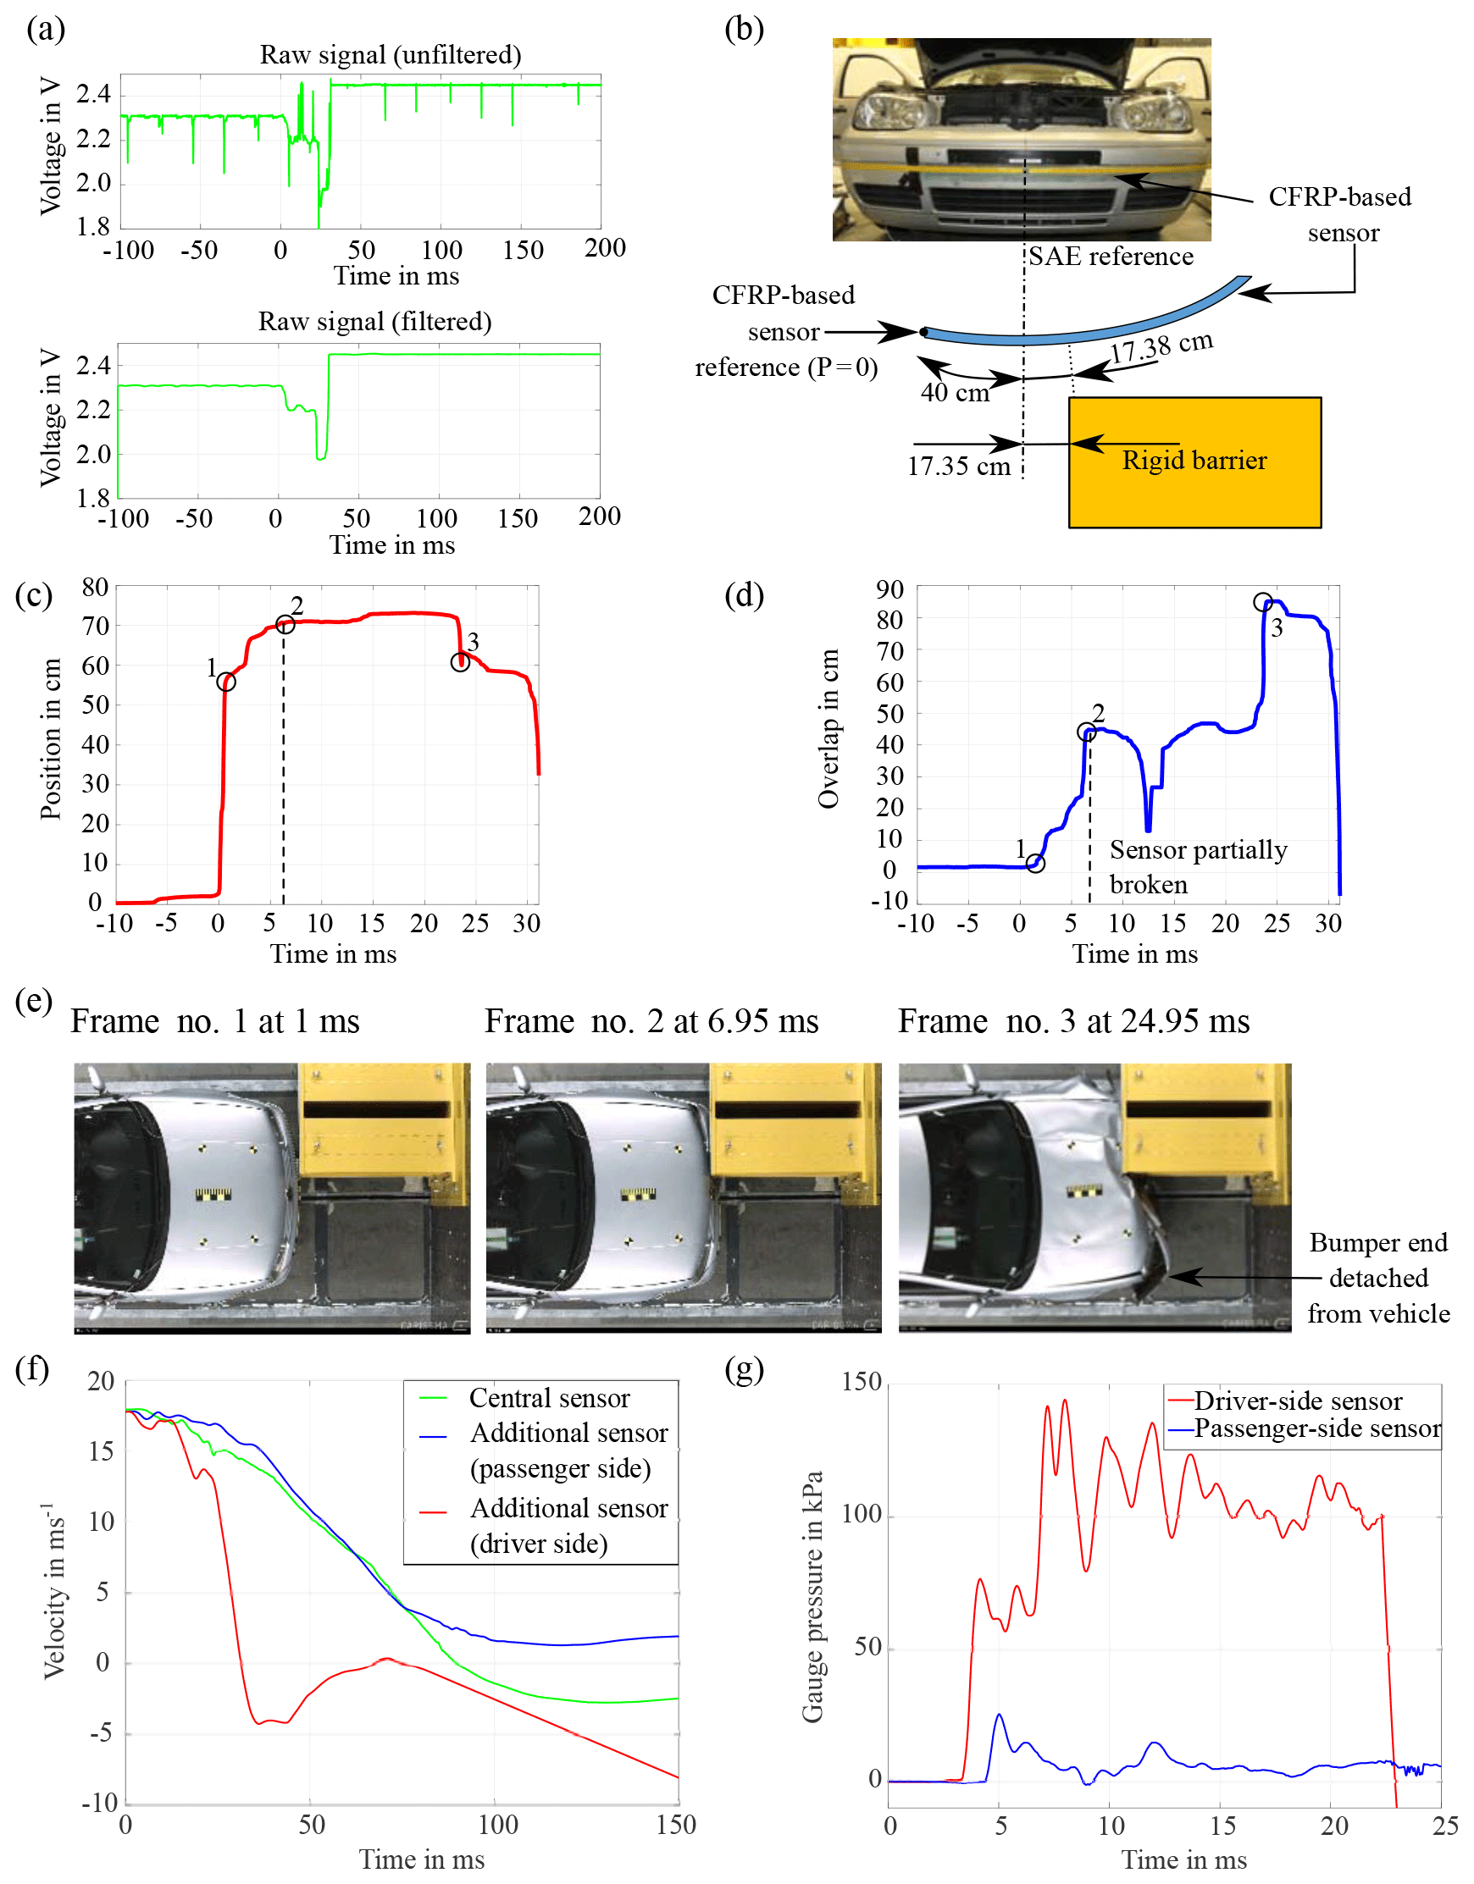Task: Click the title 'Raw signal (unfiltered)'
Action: click(391, 55)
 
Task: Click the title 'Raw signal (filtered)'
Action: click(374, 322)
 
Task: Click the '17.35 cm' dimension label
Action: click(958, 467)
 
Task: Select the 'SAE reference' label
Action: click(1111, 257)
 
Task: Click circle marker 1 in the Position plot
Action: click(226, 682)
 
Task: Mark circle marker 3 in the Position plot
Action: click(460, 662)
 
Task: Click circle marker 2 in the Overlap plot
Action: click(1087, 732)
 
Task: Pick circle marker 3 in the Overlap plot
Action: click(1262, 602)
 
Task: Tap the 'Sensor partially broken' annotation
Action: click(1197, 867)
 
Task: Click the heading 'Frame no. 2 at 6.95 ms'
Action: click(651, 1021)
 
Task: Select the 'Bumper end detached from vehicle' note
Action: click(1377, 1278)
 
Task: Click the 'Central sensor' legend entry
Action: click(549, 1397)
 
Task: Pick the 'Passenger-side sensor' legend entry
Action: click(1317, 1428)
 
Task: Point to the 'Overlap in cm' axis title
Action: click(828, 729)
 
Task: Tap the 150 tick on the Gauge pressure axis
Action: click(862, 1381)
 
